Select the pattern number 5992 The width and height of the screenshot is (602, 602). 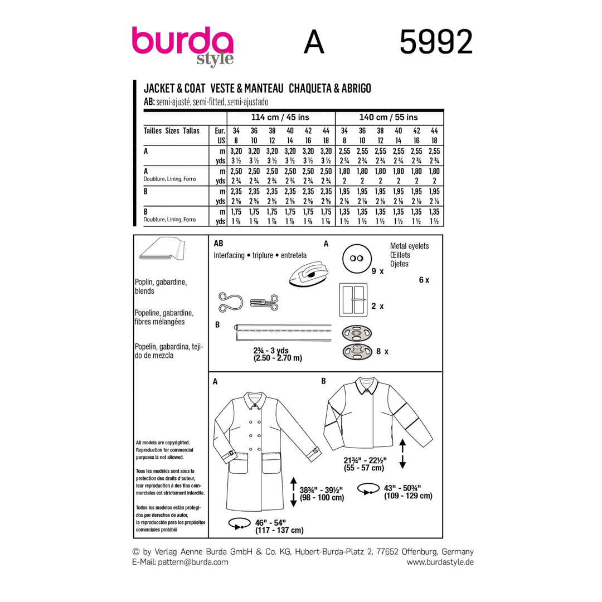[436, 42]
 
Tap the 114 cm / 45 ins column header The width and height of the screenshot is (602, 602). [280, 118]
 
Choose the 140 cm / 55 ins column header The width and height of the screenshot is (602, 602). [389, 118]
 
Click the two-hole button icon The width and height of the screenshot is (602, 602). [357, 259]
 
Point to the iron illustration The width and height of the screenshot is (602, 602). [309, 273]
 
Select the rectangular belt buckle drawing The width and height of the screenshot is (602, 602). [353, 300]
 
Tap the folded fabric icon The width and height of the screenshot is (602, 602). [162, 249]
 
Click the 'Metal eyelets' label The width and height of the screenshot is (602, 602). [409, 246]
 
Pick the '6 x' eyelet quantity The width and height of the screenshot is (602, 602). [424, 280]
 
